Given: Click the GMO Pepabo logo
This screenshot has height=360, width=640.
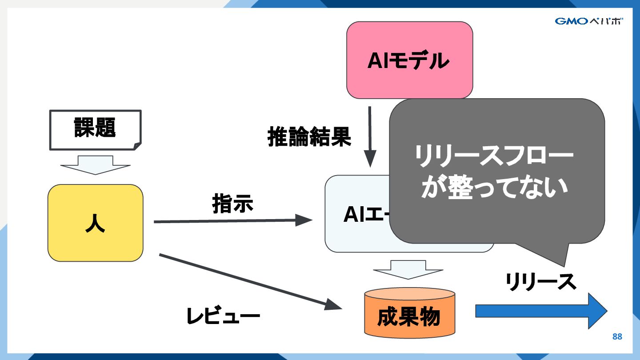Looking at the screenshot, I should coord(588,21).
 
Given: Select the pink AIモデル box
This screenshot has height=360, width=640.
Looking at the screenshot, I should coord(409,60).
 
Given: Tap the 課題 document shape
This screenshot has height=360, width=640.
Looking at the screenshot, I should coord(95,129).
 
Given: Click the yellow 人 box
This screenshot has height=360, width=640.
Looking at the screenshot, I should coord(95,223).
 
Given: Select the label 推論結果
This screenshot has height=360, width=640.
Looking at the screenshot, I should coord(309,137).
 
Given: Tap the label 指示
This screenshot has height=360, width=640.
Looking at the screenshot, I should coord(232,203).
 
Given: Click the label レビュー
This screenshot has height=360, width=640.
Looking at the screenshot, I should coord(223,316).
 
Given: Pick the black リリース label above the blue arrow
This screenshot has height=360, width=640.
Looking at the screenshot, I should coord(540,282).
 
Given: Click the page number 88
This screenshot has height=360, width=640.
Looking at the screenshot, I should coord(617,336).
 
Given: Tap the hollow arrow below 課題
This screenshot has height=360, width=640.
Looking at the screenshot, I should coord(95,164).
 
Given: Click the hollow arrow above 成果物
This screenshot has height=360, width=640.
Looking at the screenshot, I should coord(408,269).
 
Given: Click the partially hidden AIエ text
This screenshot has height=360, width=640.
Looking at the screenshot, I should coord(366,216).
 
